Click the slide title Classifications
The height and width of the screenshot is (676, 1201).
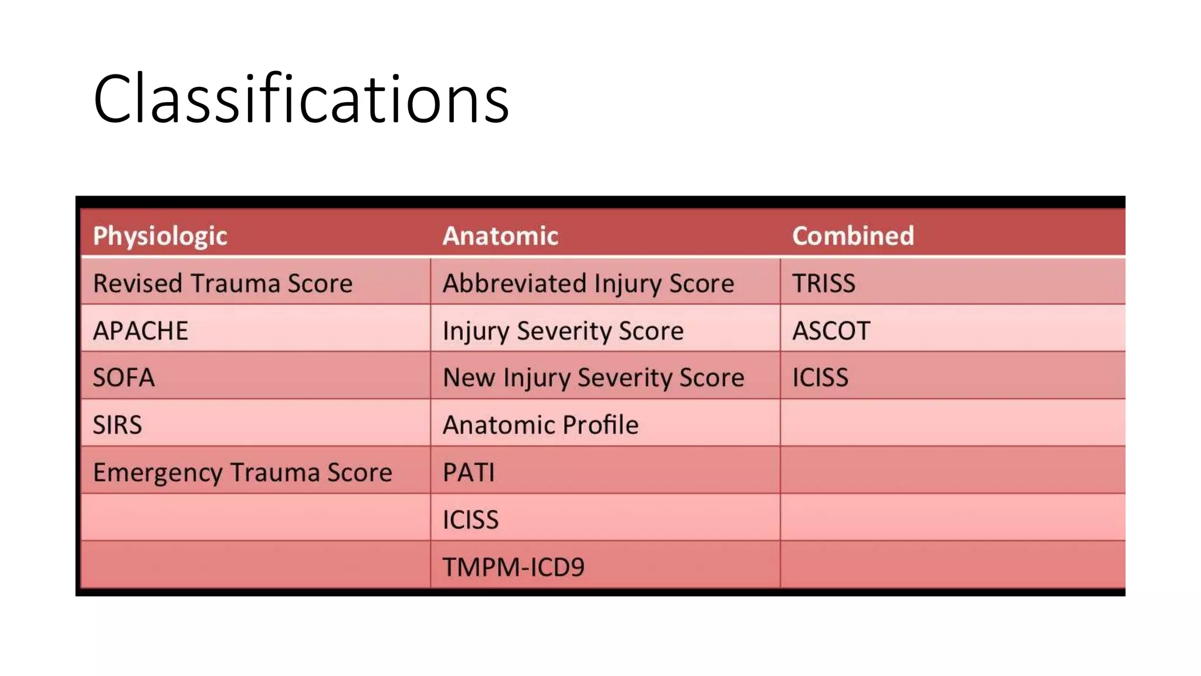[301, 99]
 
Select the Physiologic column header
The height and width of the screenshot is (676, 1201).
[160, 236]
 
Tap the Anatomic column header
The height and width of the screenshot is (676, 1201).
[500, 236]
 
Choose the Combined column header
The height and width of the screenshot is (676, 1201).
[853, 236]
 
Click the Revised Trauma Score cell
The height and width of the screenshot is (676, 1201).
[223, 283]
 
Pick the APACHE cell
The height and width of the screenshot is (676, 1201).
[141, 331]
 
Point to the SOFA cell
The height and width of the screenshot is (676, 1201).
[124, 377]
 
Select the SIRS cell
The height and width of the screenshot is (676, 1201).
[117, 425]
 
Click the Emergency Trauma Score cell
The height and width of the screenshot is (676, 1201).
[242, 472]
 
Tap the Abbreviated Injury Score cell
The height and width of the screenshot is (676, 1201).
[588, 283]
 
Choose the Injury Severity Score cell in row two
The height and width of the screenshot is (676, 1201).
[563, 331]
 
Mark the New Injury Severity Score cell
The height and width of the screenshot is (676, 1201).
[593, 377]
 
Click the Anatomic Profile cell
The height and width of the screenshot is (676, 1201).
[540, 425]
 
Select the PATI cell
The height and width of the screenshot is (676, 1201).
[469, 472]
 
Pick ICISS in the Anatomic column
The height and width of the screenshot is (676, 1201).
[470, 520]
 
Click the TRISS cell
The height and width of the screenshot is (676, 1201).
[823, 283]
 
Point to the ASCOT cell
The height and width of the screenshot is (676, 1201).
[831, 331]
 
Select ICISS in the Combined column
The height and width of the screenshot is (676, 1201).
[820, 377]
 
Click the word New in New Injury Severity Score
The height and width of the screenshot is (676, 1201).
[469, 377]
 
